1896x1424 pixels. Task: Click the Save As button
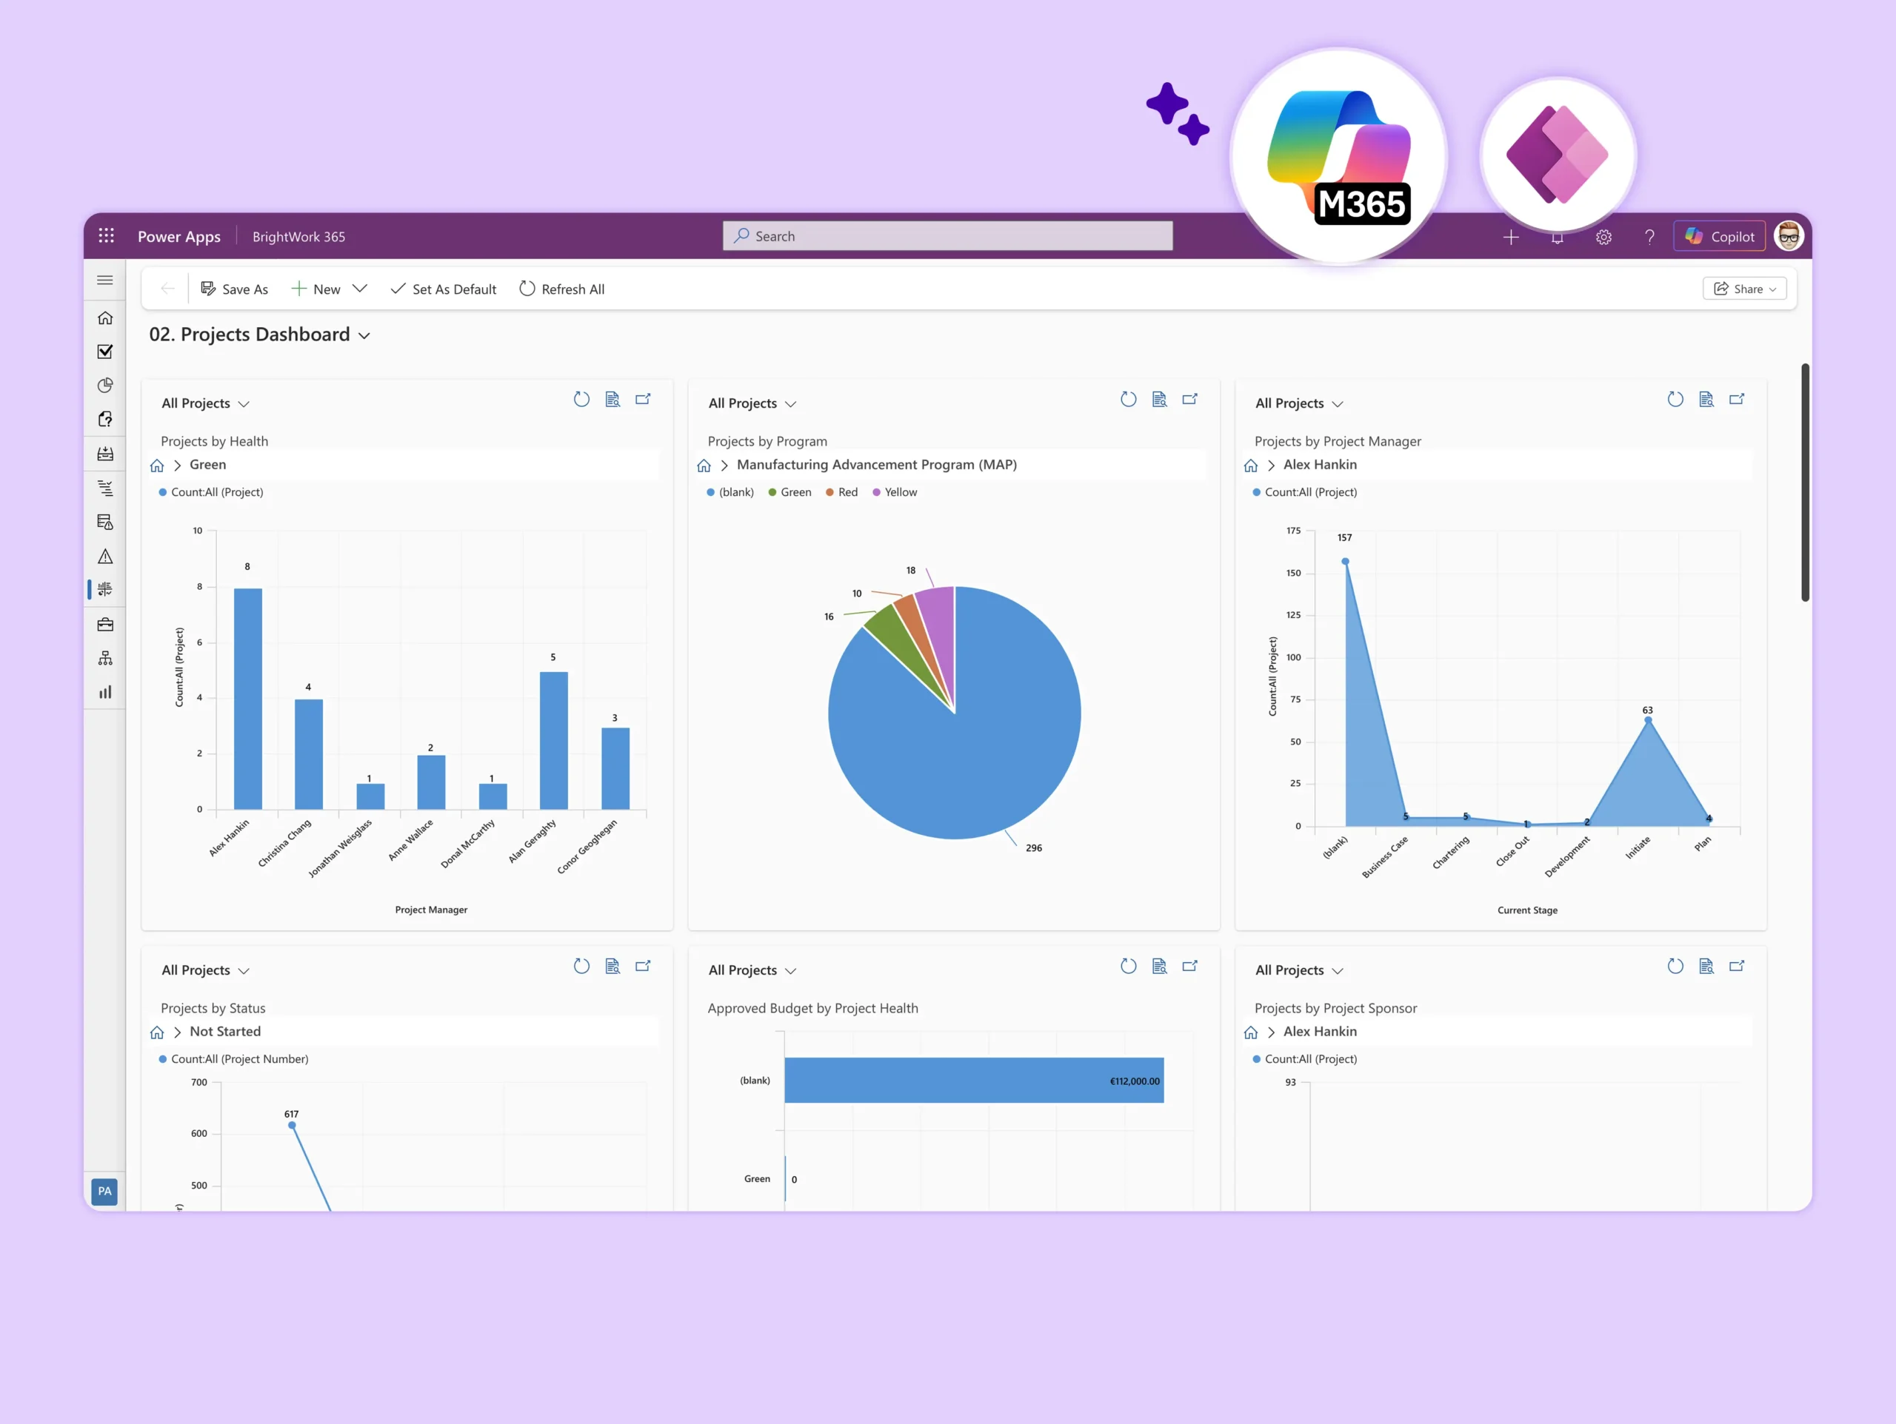[234, 289]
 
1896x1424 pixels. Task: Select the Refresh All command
[561, 289]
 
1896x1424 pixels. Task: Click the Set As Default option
[443, 289]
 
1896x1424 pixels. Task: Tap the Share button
[1744, 289]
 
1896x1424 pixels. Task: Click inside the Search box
[947, 235]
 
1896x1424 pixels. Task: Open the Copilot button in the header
[1720, 237]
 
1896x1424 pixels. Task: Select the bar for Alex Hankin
[247, 698]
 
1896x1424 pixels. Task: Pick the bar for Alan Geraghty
[554, 740]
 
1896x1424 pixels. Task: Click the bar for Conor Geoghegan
[615, 768]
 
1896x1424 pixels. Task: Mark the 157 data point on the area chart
[1346, 561]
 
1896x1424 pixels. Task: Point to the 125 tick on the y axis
[1293, 615]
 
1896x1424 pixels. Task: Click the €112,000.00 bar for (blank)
[974, 1081]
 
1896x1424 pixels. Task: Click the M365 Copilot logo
[1339, 157]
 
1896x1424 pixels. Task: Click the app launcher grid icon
[107, 235]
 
